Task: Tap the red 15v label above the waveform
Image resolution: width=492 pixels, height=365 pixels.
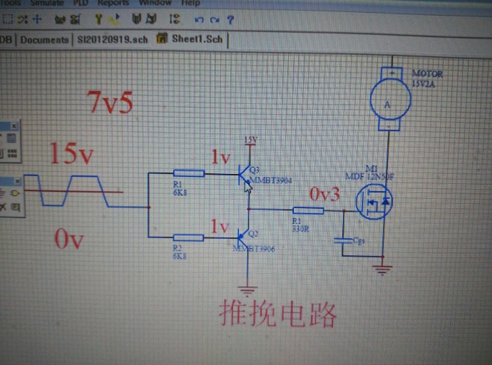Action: tap(71, 153)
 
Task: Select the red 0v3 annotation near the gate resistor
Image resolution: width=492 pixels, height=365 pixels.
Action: tap(324, 194)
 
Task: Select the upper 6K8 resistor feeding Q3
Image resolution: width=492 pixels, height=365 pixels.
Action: tap(189, 173)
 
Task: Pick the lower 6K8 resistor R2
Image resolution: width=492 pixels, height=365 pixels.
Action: tap(189, 237)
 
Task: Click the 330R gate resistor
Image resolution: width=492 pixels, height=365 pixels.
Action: tap(308, 210)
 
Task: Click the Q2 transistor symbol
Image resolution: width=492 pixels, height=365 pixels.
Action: tap(245, 235)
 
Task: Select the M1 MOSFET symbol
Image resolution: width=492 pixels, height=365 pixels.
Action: tap(376, 201)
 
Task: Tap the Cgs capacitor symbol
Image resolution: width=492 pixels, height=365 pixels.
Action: tap(343, 240)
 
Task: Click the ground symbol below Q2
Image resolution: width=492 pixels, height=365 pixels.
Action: tap(248, 289)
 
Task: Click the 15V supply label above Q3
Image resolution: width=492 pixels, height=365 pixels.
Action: tap(250, 140)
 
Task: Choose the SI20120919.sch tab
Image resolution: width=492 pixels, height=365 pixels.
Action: tap(112, 40)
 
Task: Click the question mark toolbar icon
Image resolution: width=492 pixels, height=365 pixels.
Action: tap(230, 20)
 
